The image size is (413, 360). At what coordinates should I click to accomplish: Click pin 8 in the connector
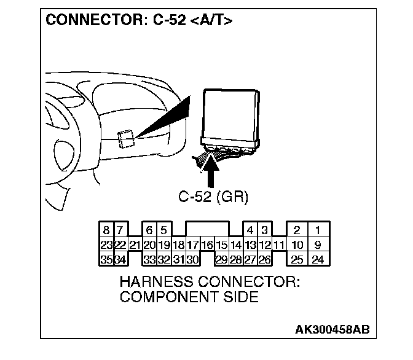[106, 231]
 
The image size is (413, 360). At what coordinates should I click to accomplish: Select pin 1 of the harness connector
[318, 231]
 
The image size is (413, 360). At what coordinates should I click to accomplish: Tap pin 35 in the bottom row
[106, 259]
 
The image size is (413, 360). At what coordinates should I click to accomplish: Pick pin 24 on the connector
[318, 259]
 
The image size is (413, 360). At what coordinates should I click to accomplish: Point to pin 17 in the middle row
[192, 245]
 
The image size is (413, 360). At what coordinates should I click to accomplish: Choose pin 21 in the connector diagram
[135, 245]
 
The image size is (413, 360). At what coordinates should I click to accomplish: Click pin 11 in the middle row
[279, 245]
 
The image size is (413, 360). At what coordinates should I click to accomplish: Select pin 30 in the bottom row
[192, 259]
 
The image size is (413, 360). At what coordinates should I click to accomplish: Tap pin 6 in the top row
[149, 231]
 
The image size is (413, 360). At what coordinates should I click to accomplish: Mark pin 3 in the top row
[264, 231]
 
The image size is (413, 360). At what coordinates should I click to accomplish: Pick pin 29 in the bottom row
[222, 259]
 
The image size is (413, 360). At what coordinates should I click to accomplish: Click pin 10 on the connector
[297, 245]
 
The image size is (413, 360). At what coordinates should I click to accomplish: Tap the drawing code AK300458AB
[332, 330]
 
